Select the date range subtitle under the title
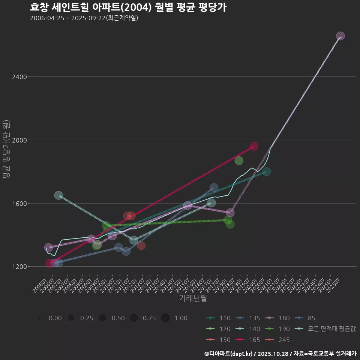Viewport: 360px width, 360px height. (84, 18)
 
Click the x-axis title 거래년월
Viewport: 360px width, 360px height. (193, 298)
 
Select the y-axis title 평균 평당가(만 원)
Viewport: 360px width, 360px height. (6, 150)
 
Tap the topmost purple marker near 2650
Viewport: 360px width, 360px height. (340, 36)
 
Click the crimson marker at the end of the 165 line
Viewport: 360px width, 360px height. (254, 146)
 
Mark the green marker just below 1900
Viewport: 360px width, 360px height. (239, 160)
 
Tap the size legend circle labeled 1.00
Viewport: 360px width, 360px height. (165, 318)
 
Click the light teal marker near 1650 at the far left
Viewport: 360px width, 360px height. (58, 195)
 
